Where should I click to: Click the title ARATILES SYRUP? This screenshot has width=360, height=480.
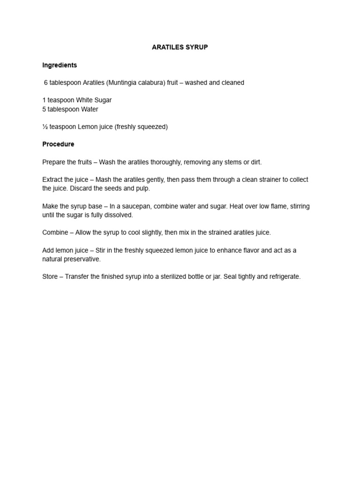point(180,48)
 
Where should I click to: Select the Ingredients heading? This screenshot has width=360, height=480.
point(60,65)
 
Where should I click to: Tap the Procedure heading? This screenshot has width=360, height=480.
point(58,144)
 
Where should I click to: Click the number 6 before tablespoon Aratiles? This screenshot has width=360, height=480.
point(46,82)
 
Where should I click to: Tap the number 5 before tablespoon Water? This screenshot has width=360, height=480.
point(44,109)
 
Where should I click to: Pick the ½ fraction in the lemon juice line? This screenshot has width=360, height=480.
point(45,127)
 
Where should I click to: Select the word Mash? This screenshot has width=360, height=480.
point(104,180)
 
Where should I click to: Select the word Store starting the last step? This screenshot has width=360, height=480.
point(51,277)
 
